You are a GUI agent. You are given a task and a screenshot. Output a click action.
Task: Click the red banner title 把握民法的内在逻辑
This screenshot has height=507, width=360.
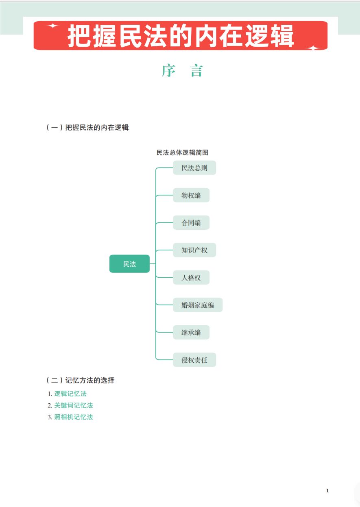[x=181, y=36]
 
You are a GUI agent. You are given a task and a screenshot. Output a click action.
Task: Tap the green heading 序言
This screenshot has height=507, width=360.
[x=182, y=71]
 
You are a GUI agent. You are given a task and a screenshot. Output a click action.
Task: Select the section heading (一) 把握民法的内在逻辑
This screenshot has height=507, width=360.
[x=87, y=127]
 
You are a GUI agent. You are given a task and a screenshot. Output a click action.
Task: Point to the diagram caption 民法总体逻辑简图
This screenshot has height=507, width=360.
[x=182, y=152]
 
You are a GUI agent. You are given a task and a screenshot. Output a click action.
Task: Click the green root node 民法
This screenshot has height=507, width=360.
[x=129, y=264]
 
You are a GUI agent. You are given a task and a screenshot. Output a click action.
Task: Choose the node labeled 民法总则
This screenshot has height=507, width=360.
[x=194, y=168]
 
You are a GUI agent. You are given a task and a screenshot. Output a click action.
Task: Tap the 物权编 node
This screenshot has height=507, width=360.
[x=191, y=196]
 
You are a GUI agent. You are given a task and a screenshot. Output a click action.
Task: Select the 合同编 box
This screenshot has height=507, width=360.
[x=191, y=223]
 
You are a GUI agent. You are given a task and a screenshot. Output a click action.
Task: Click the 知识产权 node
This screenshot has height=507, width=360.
[x=194, y=250]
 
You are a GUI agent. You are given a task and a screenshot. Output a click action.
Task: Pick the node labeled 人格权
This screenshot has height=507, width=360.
[x=191, y=278]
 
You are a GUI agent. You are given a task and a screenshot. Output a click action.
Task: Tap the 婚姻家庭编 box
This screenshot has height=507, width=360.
[x=197, y=305]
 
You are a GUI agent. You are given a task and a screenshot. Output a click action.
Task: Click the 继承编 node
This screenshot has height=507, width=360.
[x=191, y=332]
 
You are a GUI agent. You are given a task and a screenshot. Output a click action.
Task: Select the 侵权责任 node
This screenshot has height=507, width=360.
[x=194, y=360]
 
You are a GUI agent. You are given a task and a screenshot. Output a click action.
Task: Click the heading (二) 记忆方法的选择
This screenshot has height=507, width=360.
[x=80, y=381]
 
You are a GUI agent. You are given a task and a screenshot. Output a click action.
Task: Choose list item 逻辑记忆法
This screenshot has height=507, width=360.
[x=70, y=394]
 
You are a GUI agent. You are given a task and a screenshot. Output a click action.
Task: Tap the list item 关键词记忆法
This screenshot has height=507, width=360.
[x=74, y=405]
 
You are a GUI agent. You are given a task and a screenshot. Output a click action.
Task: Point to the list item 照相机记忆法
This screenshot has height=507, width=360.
[x=74, y=417]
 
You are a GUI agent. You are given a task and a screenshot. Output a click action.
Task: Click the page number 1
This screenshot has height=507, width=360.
[x=327, y=491]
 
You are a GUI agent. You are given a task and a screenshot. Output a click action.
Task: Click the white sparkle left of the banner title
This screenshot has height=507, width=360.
[x=52, y=26]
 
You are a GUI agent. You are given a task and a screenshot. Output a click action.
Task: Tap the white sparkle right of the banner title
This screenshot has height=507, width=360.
[x=313, y=48]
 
